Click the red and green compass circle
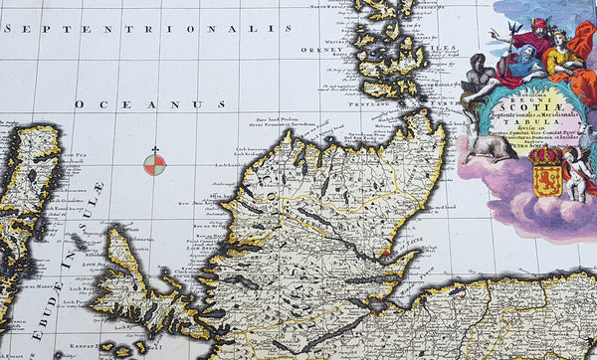(x=154, y=164)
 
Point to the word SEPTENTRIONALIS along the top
(x=150, y=29)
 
